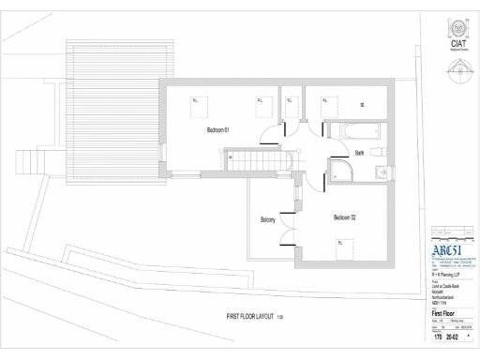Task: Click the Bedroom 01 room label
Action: (x=218, y=130)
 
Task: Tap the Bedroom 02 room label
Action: (x=344, y=217)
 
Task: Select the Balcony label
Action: (x=267, y=220)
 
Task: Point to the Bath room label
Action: (x=359, y=152)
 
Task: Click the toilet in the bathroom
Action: (x=376, y=150)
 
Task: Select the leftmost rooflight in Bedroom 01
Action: (x=197, y=99)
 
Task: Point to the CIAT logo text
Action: (x=459, y=42)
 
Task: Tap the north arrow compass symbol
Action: (x=458, y=67)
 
